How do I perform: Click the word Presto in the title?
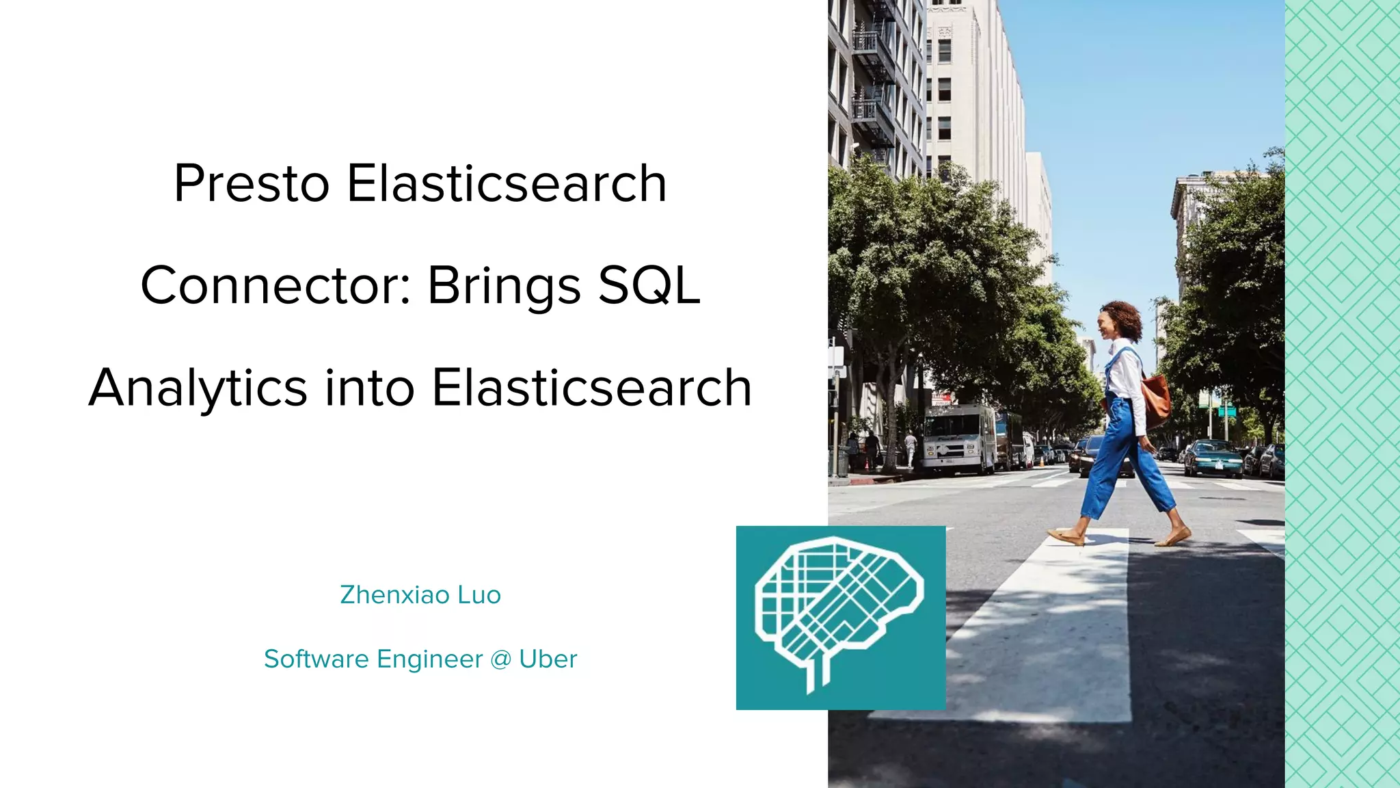252,183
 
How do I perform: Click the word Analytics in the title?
198,388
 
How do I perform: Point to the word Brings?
504,287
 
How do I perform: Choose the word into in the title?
369,388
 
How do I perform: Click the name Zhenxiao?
394,595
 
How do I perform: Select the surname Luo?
479,595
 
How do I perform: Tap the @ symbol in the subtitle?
500,659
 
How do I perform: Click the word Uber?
548,659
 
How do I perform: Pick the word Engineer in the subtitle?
429,659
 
